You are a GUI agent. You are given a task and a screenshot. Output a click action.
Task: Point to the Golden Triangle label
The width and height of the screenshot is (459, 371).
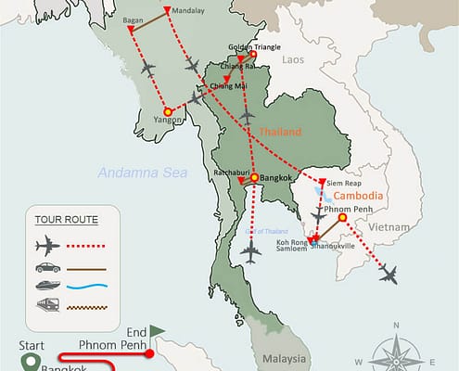coord(254,45)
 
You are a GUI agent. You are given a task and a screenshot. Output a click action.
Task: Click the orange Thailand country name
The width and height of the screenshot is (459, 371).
coord(280,133)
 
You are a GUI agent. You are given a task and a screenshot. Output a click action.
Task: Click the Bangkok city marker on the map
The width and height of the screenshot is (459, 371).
coord(254,178)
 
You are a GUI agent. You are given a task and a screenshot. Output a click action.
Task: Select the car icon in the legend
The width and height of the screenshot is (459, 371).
coord(45,269)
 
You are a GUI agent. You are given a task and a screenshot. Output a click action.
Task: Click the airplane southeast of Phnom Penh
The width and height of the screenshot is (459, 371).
coord(387,274)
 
